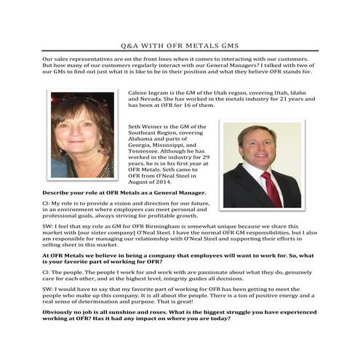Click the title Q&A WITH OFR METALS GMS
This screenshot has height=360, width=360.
(x=180, y=45)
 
